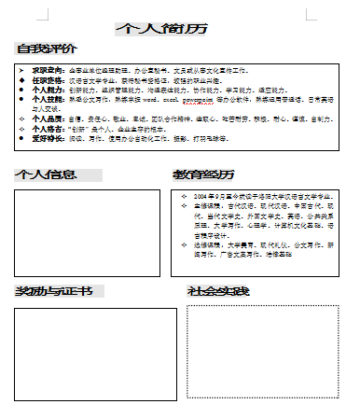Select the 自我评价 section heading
(47, 49)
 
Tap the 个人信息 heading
(47, 174)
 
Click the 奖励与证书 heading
(53, 292)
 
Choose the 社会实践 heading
(218, 292)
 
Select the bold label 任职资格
(48, 79)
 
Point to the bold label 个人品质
(48, 119)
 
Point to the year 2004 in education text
(201, 197)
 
